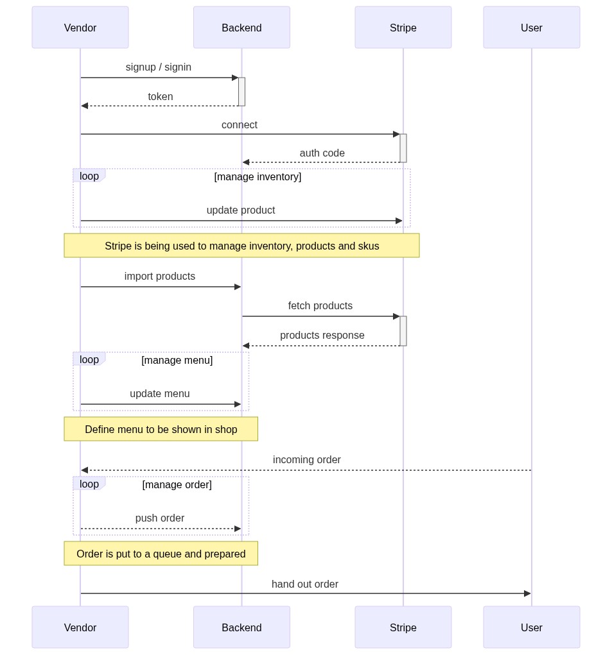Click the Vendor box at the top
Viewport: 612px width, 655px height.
(x=80, y=27)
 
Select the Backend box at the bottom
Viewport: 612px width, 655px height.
(x=241, y=627)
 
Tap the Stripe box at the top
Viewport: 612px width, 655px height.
(x=403, y=27)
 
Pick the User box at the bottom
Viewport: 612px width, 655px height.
(x=531, y=627)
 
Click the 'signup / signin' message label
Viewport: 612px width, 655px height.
(x=159, y=67)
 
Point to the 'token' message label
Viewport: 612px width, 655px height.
(x=161, y=96)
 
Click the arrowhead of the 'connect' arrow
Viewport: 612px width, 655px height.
(x=397, y=134)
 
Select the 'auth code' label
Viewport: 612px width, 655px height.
(x=322, y=153)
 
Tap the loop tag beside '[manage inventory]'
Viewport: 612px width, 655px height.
(x=89, y=176)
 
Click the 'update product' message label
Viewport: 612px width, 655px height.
(x=241, y=210)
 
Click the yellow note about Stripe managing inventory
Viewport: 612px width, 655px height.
(x=241, y=246)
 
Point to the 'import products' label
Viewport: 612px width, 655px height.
(x=160, y=276)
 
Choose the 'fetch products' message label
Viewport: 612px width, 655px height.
(x=320, y=306)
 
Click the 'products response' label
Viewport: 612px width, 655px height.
(x=322, y=335)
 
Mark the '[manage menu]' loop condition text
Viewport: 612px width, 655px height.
(x=177, y=360)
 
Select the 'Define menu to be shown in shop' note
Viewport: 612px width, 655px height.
(x=161, y=429)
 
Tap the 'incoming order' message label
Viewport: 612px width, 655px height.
(x=307, y=459)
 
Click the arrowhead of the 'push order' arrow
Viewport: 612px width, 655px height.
(x=238, y=529)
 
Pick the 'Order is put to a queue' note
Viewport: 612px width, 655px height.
(x=161, y=554)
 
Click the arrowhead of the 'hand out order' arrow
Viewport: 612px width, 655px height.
(x=528, y=593)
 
